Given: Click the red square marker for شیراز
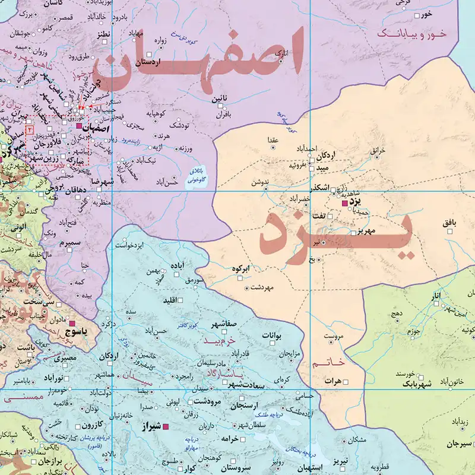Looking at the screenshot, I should pos(167,426).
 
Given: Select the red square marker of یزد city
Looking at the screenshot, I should pos(345,204).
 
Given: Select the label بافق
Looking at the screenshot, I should pos(450,223).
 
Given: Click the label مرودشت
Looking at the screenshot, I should pos(206,402).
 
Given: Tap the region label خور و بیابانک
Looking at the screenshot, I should pos(421,35).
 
